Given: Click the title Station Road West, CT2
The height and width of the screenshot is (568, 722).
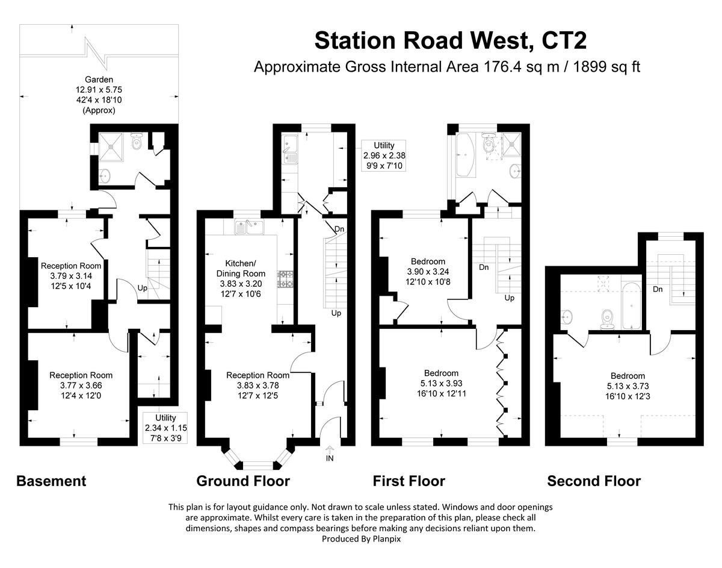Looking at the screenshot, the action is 450,40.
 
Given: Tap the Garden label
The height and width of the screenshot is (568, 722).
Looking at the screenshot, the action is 99,79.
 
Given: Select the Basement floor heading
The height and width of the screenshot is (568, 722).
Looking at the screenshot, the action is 51,481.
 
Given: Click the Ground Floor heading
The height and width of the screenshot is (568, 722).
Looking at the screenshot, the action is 243,481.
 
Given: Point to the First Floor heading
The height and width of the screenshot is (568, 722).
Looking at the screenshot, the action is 409,481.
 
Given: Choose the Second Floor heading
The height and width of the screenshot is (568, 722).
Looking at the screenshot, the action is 593,481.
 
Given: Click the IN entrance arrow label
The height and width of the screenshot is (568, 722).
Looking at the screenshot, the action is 329,458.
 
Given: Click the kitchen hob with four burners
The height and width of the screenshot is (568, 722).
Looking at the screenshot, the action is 285,279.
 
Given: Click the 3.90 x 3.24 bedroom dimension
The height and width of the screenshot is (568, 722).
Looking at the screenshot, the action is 428,271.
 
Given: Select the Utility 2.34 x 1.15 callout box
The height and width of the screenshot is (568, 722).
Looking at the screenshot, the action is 165,427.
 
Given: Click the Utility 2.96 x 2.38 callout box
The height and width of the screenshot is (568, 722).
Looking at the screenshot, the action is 384,155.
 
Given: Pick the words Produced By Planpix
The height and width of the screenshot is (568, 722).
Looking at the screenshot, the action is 361,539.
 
